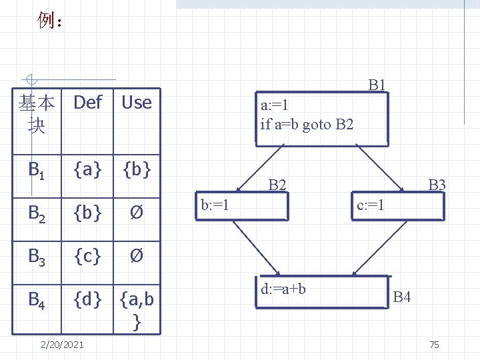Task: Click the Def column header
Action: [x=87, y=103]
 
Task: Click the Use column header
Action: [x=137, y=103]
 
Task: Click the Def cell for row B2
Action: [x=87, y=213]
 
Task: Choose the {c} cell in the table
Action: [x=87, y=255]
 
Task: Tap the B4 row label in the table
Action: [x=37, y=300]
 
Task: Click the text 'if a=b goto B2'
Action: [x=307, y=124]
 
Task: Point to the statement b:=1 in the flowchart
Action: [x=215, y=204]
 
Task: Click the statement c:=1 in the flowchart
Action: [x=370, y=204]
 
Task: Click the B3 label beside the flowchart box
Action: [x=437, y=185]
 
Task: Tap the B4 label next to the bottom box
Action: [x=401, y=296]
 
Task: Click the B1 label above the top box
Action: [x=377, y=84]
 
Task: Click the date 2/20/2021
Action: [x=62, y=345]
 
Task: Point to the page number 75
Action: [x=435, y=345]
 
